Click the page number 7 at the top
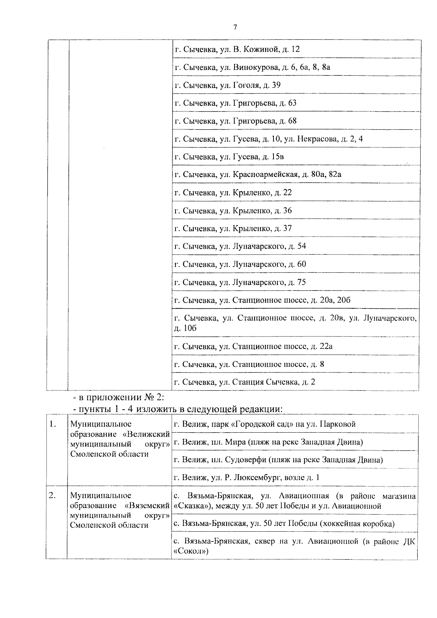[x=235, y=28]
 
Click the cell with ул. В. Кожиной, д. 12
[x=237, y=49]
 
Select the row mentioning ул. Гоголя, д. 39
[x=228, y=85]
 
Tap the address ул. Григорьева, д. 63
[x=236, y=103]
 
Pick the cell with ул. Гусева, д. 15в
[x=229, y=157]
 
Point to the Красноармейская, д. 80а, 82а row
[x=258, y=174]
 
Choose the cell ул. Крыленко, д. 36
[x=233, y=211]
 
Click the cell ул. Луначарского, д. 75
[x=240, y=282]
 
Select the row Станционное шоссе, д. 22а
[x=253, y=346]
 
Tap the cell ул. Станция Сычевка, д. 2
[x=245, y=382]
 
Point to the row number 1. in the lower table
[x=53, y=424]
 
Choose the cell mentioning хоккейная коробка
[x=284, y=524]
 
